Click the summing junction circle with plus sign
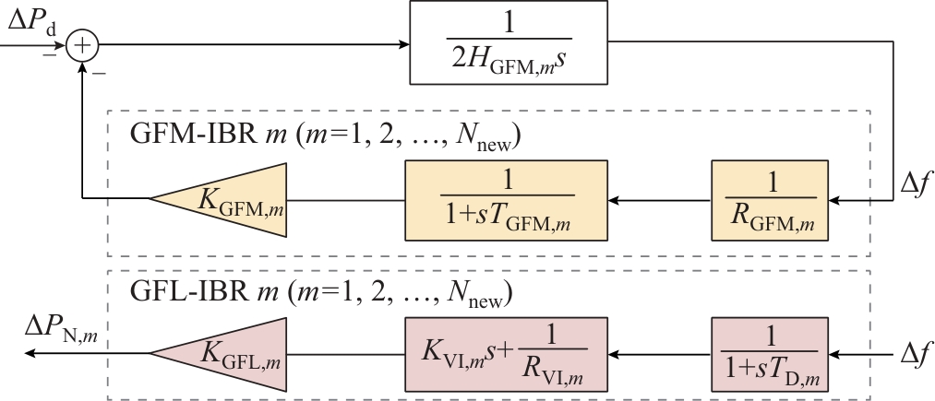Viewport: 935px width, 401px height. (x=84, y=43)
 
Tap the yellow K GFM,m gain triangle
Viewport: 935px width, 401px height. (x=217, y=196)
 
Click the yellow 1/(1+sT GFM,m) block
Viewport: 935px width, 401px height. (x=506, y=196)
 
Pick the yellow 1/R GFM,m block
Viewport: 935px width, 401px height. (x=765, y=196)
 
